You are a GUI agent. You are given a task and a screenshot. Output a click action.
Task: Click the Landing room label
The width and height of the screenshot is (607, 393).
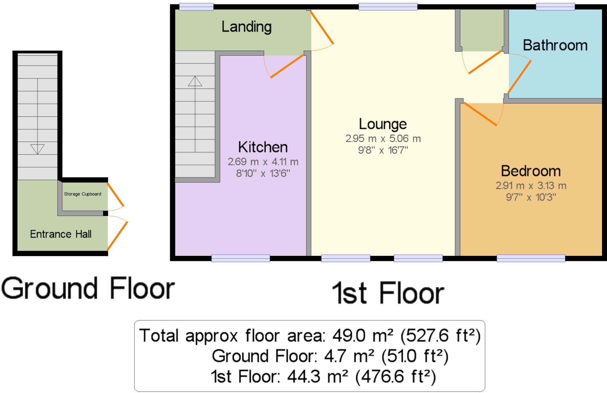pyautogui.click(x=246, y=27)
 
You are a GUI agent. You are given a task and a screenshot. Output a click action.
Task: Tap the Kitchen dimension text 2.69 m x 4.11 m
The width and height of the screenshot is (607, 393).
pyautogui.click(x=263, y=162)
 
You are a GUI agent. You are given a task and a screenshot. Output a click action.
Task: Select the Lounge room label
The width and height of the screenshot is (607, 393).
pyautogui.click(x=383, y=124)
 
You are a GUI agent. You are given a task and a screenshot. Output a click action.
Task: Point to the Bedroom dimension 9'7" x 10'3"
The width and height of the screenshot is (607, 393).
pyautogui.click(x=531, y=197)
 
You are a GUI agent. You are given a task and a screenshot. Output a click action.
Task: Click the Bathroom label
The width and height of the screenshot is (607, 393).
pyautogui.click(x=555, y=46)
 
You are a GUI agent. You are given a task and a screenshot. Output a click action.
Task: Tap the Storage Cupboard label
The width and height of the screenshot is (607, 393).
pyautogui.click(x=83, y=194)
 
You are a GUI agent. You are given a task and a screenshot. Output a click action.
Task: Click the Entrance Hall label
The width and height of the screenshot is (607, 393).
pyautogui.click(x=61, y=234)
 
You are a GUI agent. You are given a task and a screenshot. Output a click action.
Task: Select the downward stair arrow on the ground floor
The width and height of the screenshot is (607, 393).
pyautogui.click(x=37, y=149)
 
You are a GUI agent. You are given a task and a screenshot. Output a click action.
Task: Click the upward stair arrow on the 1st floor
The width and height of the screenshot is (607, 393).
pyautogui.click(x=195, y=81)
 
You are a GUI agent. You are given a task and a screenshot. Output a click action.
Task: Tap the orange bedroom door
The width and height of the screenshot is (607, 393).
pyautogui.click(x=480, y=114)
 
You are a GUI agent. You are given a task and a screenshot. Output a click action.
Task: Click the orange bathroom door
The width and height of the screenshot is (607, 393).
pyautogui.click(x=520, y=77)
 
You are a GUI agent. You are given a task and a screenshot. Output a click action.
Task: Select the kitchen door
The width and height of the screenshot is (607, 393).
pyautogui.click(x=288, y=67)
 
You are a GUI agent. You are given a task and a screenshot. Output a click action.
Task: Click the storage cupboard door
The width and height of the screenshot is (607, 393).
pyautogui.click(x=115, y=194)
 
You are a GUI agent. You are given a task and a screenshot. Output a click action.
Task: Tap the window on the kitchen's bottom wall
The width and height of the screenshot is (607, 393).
pyautogui.click(x=240, y=259)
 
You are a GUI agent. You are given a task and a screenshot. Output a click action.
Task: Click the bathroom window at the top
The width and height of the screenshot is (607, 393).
pyautogui.click(x=555, y=7)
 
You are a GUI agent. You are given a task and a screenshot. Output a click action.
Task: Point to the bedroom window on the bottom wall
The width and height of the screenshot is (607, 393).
pyautogui.click(x=531, y=259)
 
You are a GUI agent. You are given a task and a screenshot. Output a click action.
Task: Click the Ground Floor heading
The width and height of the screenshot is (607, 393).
pyautogui.click(x=88, y=288)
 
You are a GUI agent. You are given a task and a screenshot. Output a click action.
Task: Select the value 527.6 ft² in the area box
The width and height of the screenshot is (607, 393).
pyautogui.click(x=440, y=336)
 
